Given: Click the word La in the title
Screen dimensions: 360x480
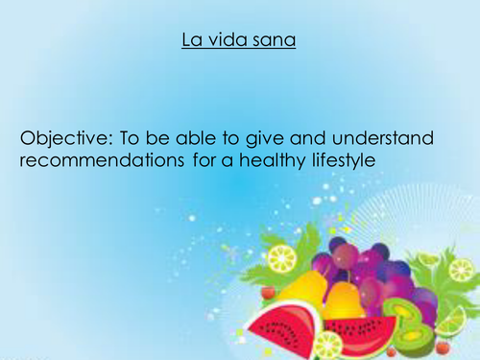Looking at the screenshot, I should [188, 42].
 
